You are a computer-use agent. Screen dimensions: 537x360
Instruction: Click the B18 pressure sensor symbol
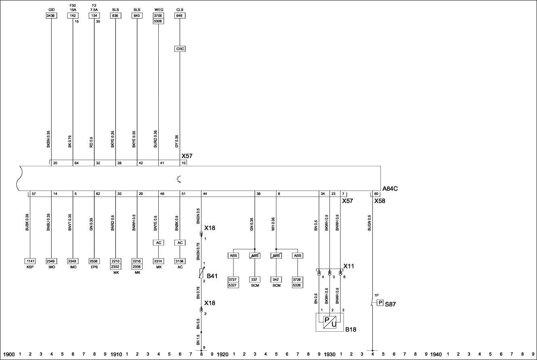point(329,322)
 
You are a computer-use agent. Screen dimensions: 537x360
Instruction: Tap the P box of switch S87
point(380,303)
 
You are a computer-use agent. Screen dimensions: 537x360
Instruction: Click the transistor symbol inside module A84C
point(178,179)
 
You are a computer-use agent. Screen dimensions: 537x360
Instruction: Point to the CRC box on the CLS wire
point(180,49)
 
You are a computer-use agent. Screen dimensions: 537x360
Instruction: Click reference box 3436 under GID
point(51,16)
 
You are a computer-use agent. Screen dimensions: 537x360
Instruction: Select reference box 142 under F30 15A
point(73,16)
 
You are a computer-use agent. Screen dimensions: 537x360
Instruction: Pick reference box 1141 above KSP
point(30,261)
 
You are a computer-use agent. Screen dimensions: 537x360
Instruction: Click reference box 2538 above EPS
point(94,261)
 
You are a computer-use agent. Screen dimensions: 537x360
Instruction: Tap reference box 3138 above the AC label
point(180,261)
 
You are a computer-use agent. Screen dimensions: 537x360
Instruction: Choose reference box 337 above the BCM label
point(255,279)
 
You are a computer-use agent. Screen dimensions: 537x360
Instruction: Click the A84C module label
point(390,188)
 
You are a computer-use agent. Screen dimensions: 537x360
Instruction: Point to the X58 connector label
point(380,201)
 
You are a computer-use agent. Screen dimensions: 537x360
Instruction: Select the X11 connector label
point(348,266)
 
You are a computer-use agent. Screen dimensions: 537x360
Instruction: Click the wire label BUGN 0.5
point(369,223)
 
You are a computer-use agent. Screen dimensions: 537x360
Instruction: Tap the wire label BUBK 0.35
point(27,222)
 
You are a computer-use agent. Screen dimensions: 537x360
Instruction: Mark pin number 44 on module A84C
point(205,194)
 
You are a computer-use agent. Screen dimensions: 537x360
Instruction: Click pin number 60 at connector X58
point(376,194)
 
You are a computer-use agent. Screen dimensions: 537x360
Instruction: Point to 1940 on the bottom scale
point(436,354)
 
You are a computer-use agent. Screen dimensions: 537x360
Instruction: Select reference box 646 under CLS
point(180,16)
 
